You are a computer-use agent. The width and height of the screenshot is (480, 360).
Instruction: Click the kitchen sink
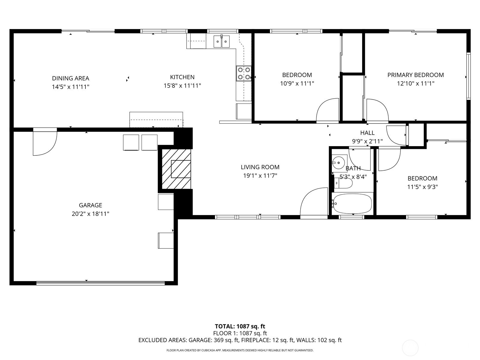[221, 41]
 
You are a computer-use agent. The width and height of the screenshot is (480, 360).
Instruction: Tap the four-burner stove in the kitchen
[244, 73]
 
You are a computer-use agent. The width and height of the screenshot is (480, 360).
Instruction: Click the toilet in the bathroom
[343, 183]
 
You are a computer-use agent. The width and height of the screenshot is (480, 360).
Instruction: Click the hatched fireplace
[176, 169]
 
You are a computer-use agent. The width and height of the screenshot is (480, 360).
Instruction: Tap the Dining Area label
[70, 78]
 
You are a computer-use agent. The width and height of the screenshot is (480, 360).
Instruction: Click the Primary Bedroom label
[415, 75]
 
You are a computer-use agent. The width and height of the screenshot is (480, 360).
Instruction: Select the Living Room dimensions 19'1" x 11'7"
[260, 175]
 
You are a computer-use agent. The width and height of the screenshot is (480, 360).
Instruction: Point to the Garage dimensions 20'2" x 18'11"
[90, 214]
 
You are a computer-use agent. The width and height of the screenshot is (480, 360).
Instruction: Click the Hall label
[367, 133]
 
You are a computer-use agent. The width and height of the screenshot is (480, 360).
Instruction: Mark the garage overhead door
[100, 283]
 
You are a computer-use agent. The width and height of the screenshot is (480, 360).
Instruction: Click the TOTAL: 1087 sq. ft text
[240, 326]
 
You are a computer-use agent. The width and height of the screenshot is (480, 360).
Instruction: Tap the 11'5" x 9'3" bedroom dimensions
[422, 187]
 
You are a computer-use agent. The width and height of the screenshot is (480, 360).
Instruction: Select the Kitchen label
[182, 77]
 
